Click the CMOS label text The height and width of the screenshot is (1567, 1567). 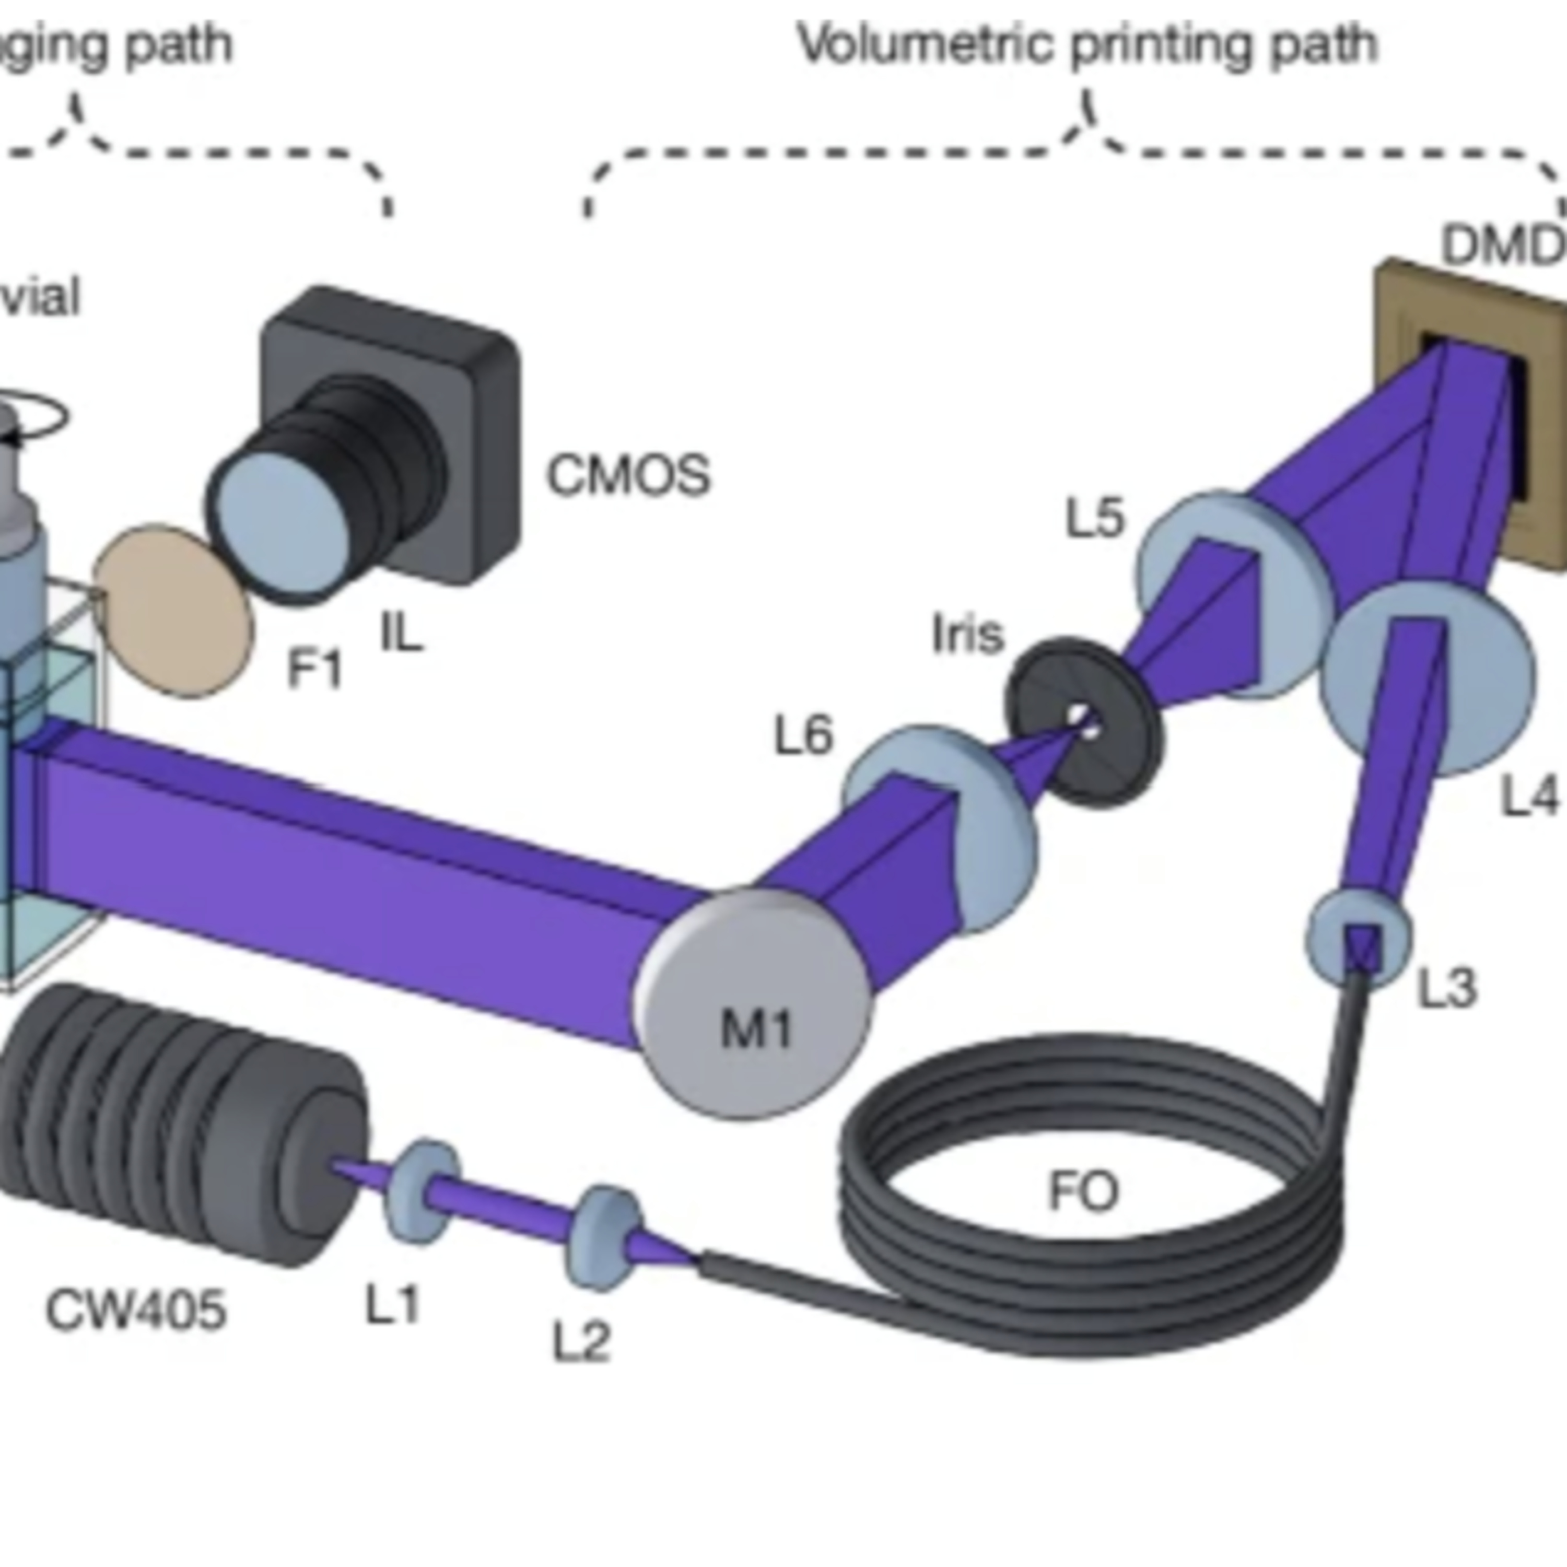(628, 475)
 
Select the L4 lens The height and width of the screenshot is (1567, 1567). (1428, 677)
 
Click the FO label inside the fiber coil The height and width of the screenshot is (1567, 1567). (1083, 1192)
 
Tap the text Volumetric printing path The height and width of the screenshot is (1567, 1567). (1087, 44)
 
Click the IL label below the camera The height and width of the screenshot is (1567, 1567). (402, 633)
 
